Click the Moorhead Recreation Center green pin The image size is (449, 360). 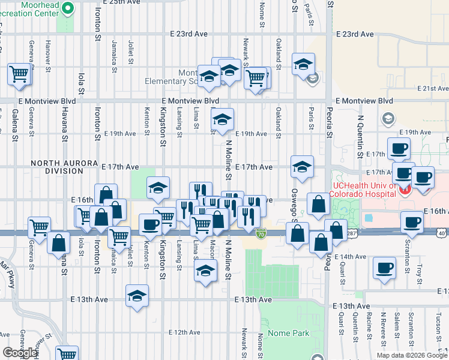coord(68,8)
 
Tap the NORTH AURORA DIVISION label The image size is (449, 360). coord(57,167)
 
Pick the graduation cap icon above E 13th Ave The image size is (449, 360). coord(137,296)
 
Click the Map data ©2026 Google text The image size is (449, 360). coord(411,355)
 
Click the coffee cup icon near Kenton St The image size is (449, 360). coord(150,224)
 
